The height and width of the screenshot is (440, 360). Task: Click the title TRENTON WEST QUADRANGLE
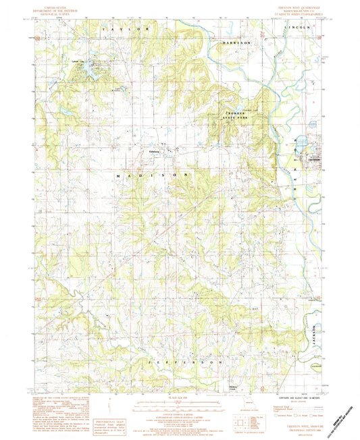301,7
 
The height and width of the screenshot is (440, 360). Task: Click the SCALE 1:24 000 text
180,399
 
